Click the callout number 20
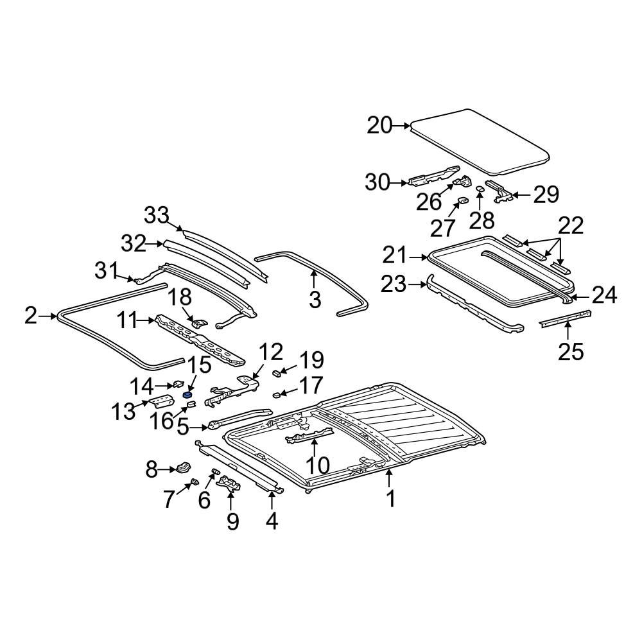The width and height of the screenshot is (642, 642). [x=379, y=126]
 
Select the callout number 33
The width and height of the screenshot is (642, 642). [x=156, y=216]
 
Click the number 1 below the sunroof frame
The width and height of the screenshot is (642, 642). [x=391, y=498]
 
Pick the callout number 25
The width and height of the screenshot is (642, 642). [x=571, y=351]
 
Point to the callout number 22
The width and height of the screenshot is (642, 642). [x=571, y=225]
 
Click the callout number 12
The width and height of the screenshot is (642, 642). [x=271, y=352]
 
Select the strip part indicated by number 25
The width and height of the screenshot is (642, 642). [x=565, y=318]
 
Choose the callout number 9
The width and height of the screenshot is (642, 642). [x=232, y=521]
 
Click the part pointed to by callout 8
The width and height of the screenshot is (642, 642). [x=184, y=467]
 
